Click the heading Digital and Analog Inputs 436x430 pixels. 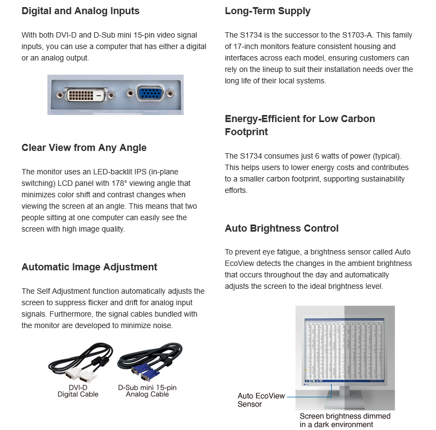pos(80,11)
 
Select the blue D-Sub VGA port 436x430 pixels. pos(149,94)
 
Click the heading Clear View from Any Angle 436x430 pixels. pos(84,148)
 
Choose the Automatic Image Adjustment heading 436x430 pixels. pos(89,267)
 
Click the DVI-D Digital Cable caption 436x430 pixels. pos(78,391)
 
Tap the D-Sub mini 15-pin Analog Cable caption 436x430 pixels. pos(147,391)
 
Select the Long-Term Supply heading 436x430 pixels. pos(268,11)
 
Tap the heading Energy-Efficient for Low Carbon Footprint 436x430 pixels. pos(300,125)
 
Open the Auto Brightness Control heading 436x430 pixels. pos(282,228)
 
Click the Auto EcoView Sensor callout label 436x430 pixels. pos(261,399)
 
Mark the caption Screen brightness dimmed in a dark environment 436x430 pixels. pos(345,420)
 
